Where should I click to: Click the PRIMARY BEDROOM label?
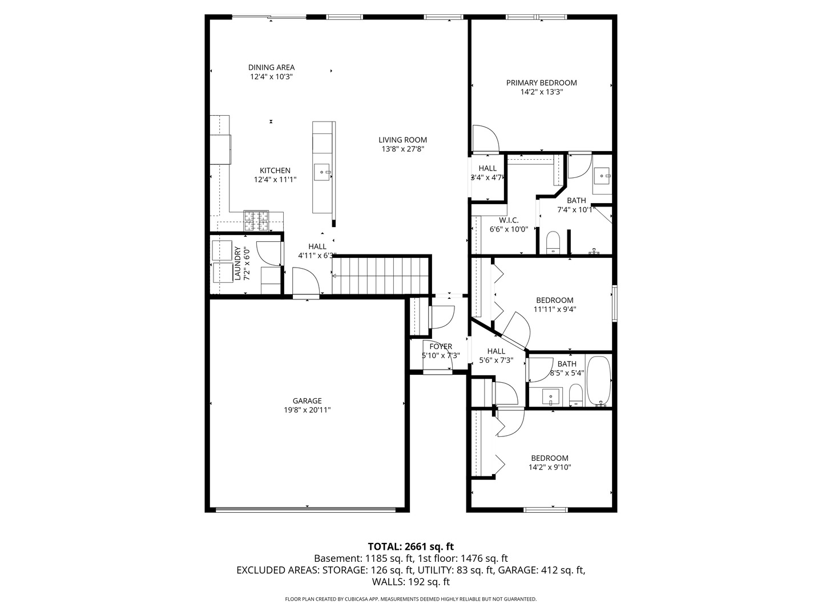click(x=541, y=83)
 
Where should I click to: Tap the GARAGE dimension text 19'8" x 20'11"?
click(x=307, y=410)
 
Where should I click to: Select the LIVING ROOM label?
click(x=402, y=140)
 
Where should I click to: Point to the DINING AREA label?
click(x=271, y=67)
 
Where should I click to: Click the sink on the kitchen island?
click(x=324, y=171)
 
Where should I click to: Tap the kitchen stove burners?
click(x=256, y=221)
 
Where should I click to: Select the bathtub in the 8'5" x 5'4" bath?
click(x=599, y=380)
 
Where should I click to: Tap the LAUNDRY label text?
click(x=237, y=264)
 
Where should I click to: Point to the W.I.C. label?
click(x=508, y=220)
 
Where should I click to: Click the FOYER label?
click(x=441, y=346)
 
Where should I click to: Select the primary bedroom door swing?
click(x=485, y=139)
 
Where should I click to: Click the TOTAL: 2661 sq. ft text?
click(x=410, y=546)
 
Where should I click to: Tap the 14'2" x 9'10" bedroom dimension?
click(x=550, y=467)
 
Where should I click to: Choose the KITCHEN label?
click(x=275, y=171)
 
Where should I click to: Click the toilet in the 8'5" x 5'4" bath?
click(x=575, y=395)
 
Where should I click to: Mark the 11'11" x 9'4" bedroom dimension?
click(x=554, y=310)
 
